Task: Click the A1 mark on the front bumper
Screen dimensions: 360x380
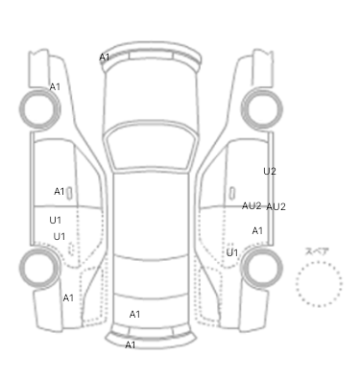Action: click(105, 58)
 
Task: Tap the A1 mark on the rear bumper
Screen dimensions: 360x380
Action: click(130, 344)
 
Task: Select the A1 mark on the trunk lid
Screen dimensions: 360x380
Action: click(134, 315)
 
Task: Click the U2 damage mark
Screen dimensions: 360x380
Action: click(270, 172)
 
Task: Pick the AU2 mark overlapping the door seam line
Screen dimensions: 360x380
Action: click(252, 206)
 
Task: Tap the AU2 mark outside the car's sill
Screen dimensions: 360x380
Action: click(276, 207)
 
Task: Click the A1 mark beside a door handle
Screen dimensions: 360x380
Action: click(60, 192)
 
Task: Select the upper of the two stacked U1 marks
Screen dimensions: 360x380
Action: click(55, 220)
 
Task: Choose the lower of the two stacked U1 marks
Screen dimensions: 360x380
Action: click(60, 237)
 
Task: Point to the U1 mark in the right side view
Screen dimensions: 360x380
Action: click(232, 252)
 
